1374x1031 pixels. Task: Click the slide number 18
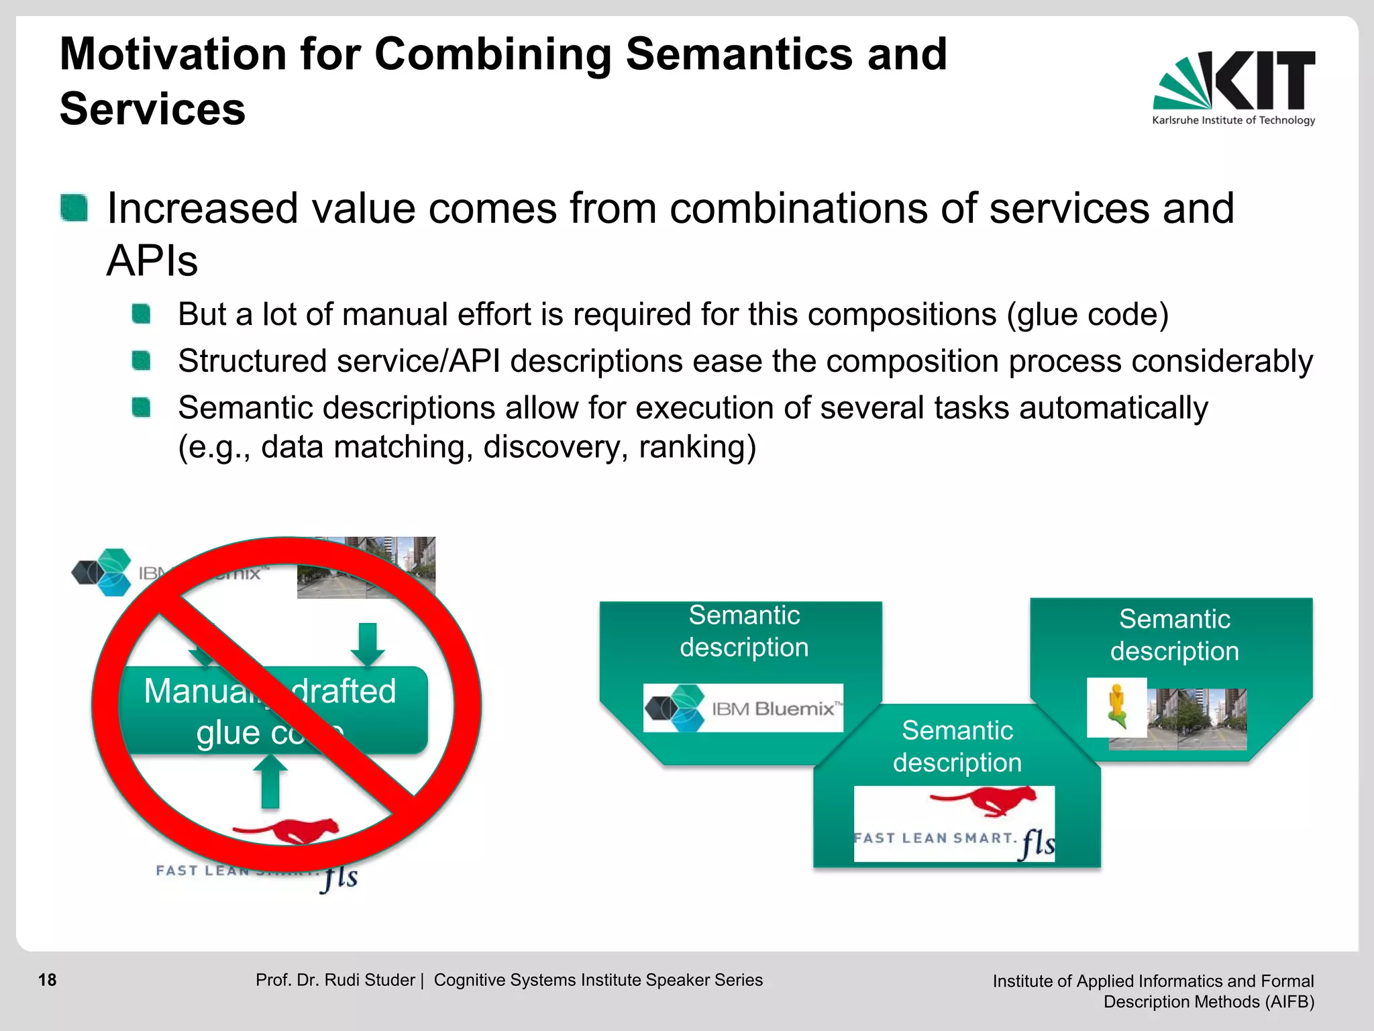click(x=47, y=980)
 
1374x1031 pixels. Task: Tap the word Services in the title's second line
click(x=152, y=109)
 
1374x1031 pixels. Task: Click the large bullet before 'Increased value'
click(x=74, y=207)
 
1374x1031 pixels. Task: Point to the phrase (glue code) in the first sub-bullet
click(x=1087, y=314)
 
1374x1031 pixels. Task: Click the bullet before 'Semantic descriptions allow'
click(x=141, y=407)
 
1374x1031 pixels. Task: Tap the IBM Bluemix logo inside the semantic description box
click(x=743, y=708)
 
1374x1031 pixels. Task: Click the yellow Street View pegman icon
click(x=1116, y=707)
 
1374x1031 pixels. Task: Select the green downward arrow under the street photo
click(x=367, y=644)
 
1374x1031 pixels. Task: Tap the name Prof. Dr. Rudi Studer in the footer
click(x=335, y=980)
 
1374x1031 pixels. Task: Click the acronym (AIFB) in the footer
click(x=1289, y=1001)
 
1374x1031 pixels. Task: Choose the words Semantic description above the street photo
click(x=1174, y=635)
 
